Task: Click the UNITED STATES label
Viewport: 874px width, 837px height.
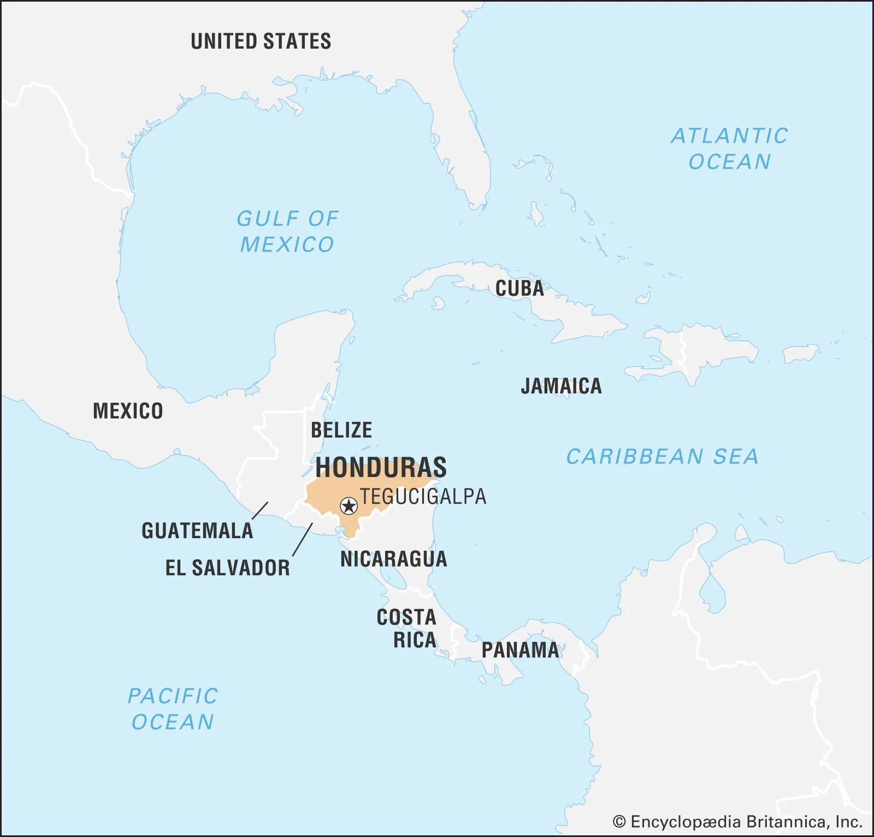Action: point(261,42)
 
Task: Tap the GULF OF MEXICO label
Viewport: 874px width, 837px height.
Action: point(287,232)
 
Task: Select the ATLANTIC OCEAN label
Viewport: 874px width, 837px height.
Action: point(730,149)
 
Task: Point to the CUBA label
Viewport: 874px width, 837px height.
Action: point(519,288)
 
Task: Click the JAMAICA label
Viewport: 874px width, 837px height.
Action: point(561,386)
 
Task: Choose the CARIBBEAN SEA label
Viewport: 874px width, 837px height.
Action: point(662,457)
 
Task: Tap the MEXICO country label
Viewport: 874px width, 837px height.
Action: point(128,411)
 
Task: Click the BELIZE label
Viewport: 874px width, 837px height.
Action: point(341,431)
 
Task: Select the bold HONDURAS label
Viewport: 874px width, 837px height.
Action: point(381,468)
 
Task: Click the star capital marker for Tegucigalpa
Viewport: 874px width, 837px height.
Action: point(349,506)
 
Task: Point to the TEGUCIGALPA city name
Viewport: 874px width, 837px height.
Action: point(423,497)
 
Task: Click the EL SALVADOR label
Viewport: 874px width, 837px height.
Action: point(228,568)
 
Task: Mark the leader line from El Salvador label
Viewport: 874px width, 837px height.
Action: point(303,540)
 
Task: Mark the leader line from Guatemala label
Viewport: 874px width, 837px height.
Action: point(260,510)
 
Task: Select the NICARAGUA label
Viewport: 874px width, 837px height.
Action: point(393,559)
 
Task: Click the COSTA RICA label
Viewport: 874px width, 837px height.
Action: point(407,628)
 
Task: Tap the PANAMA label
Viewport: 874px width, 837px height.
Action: point(520,650)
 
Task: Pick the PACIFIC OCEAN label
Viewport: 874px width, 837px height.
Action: point(173,709)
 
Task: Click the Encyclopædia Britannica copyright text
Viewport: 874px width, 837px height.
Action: point(737,822)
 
